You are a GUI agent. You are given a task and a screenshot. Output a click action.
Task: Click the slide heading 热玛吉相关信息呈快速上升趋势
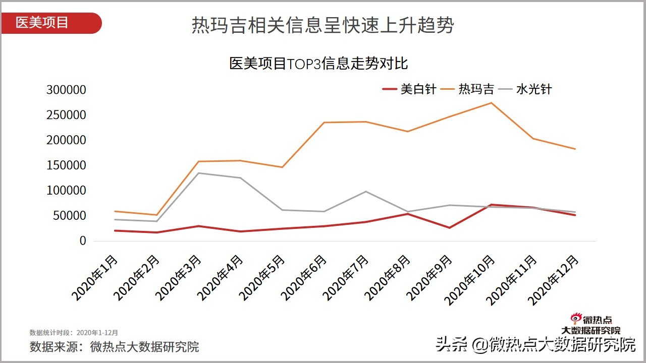(322, 25)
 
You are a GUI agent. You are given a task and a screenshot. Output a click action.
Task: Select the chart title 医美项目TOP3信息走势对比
(318, 64)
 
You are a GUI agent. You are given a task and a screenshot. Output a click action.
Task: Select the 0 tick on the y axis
(82, 241)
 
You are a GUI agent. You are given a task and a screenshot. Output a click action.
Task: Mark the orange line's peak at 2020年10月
(491, 103)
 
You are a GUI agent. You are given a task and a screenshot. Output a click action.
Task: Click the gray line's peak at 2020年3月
(198, 173)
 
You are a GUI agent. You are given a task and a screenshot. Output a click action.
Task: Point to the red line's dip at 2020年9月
(449, 228)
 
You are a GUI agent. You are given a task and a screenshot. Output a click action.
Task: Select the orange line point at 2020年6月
(324, 123)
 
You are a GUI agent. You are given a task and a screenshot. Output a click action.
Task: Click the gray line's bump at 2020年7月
(365, 191)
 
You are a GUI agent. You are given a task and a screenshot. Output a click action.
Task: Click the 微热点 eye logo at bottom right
(576, 318)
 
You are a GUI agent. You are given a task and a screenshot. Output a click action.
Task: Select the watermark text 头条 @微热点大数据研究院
(535, 345)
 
